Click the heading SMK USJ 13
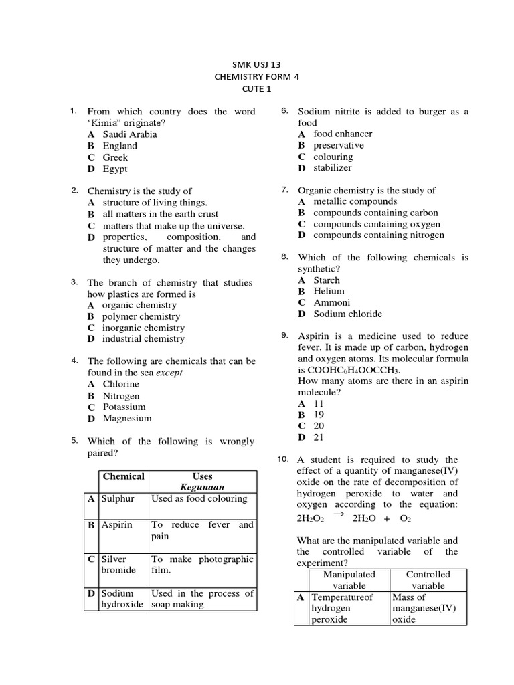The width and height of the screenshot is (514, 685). click(x=257, y=64)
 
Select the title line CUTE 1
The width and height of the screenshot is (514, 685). click(x=257, y=88)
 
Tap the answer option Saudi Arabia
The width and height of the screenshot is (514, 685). click(x=130, y=134)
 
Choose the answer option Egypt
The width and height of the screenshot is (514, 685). click(x=115, y=169)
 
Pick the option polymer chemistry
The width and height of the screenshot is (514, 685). click(x=141, y=316)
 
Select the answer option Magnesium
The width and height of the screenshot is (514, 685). click(x=127, y=419)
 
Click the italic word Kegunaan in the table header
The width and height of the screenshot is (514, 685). click(x=202, y=487)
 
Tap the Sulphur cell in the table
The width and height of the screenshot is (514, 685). click(x=118, y=499)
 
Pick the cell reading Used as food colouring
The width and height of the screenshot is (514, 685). click(x=199, y=499)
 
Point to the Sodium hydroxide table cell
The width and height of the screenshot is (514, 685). click(x=122, y=599)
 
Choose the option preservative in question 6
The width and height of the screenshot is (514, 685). click(x=339, y=145)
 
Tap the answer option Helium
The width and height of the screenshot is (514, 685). click(x=329, y=291)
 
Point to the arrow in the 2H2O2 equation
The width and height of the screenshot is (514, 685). click(x=338, y=514)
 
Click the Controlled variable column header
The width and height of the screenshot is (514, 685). click(x=428, y=580)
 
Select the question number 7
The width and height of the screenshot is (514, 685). click(x=284, y=190)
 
